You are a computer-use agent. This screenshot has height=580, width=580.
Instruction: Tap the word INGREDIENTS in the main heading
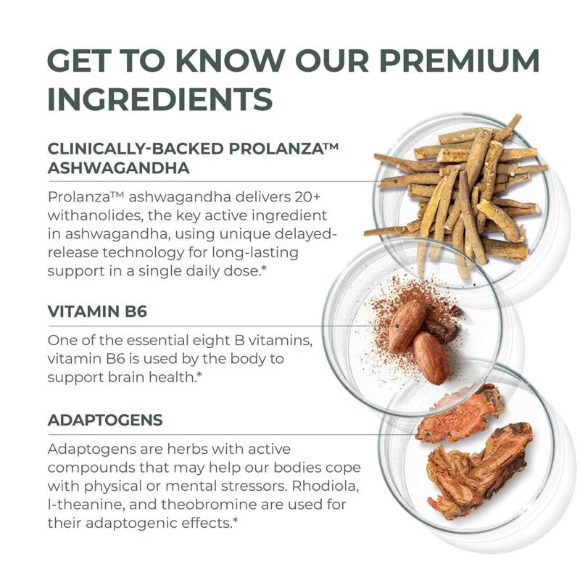160,99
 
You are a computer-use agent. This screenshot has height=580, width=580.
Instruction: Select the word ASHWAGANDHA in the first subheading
119,168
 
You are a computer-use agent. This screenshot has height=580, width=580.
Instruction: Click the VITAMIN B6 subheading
98,312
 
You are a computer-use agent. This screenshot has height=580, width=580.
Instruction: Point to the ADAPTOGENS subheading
105,420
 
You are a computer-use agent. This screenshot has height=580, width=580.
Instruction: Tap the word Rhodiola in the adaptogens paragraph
325,486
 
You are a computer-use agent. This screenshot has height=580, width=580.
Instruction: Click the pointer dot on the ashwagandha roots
395,181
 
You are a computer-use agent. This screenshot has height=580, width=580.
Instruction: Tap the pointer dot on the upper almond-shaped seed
397,326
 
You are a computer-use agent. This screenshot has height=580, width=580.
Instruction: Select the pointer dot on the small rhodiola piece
428,434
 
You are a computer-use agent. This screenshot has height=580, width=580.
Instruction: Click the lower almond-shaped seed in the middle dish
431,358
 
